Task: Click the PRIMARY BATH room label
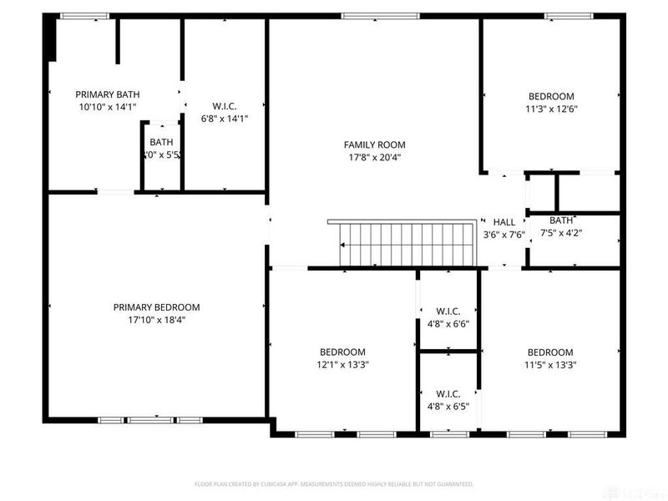pyautogui.click(x=107, y=94)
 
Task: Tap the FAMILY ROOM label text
pyautogui.click(x=374, y=144)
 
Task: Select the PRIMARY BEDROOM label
pyautogui.click(x=156, y=307)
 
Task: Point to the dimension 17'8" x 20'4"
pyautogui.click(x=374, y=157)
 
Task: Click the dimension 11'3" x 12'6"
pyautogui.click(x=550, y=109)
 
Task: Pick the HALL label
pyautogui.click(x=504, y=222)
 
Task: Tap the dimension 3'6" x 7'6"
pyautogui.click(x=504, y=235)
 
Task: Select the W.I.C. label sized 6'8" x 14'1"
pyautogui.click(x=225, y=106)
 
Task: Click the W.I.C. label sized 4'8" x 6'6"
pyautogui.click(x=448, y=311)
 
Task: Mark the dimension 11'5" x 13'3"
pyautogui.click(x=550, y=364)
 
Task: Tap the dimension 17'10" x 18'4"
pyautogui.click(x=156, y=320)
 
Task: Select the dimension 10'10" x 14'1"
pyautogui.click(x=107, y=107)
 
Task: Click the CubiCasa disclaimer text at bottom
pyautogui.click(x=334, y=483)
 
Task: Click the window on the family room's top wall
pyautogui.click(x=368, y=15)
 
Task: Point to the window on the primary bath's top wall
pyautogui.click(x=85, y=15)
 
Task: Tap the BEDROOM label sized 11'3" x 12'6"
pyautogui.click(x=550, y=96)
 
